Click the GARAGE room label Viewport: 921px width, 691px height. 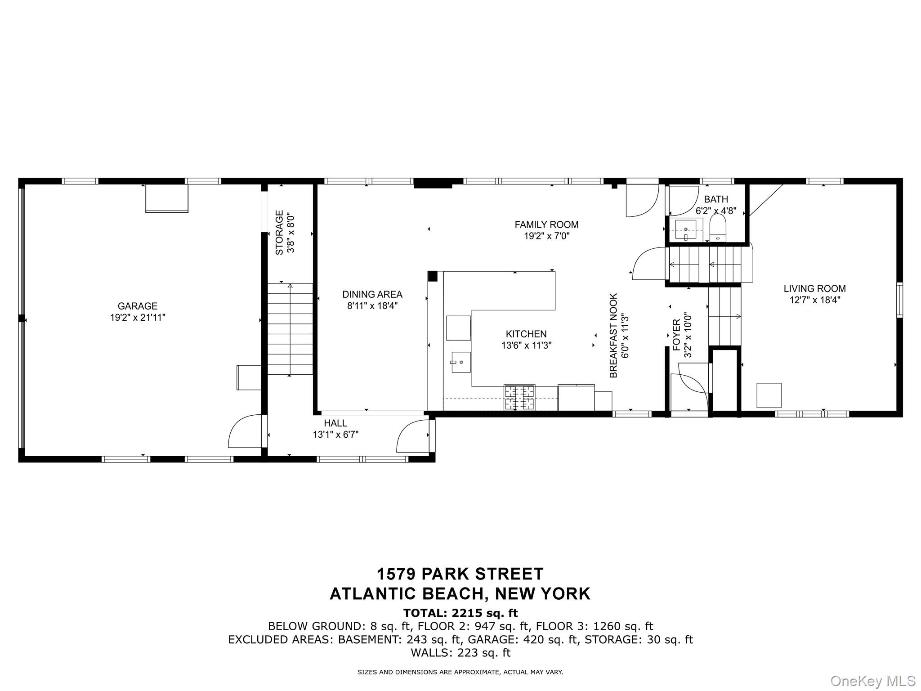pyautogui.click(x=138, y=306)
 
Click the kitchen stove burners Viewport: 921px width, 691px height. pyautogui.click(x=519, y=397)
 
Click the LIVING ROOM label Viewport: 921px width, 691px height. pyautogui.click(x=814, y=289)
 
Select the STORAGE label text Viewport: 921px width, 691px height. pyautogui.click(x=279, y=233)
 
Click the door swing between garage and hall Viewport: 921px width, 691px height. pyautogui.click(x=244, y=432)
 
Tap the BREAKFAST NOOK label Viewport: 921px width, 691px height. pyautogui.click(x=614, y=335)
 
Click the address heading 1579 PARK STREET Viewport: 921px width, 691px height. pyautogui.click(x=460, y=574)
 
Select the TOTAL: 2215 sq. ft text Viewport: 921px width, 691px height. pyautogui.click(x=460, y=613)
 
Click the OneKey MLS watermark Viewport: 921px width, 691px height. pyautogui.click(x=872, y=681)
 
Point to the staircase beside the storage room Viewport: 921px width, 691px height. pyautogui.click(x=290, y=329)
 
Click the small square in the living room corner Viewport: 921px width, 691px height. pyautogui.click(x=769, y=395)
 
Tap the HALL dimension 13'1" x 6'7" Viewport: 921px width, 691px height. pyautogui.click(x=335, y=435)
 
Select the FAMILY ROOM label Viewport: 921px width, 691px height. pyautogui.click(x=546, y=224)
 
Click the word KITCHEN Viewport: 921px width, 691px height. pyautogui.click(x=526, y=334)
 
